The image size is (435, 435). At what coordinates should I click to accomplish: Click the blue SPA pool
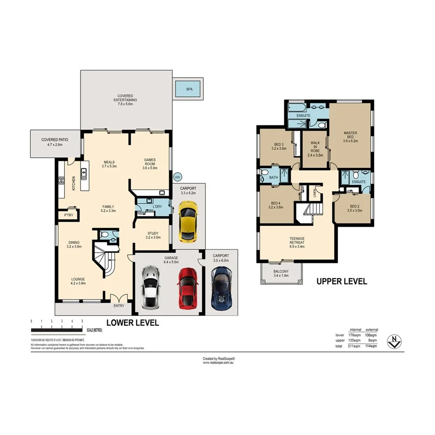[x=189, y=89]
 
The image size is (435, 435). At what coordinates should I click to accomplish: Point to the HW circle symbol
[x=177, y=177]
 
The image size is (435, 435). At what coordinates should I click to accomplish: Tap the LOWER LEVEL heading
[x=133, y=323]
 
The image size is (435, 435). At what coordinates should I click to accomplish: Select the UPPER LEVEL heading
[x=342, y=281]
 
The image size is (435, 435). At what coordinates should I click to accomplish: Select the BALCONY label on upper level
[x=281, y=274]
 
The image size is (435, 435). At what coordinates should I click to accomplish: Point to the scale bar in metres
[x=57, y=330]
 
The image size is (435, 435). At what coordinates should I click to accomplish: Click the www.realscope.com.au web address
[x=217, y=363]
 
